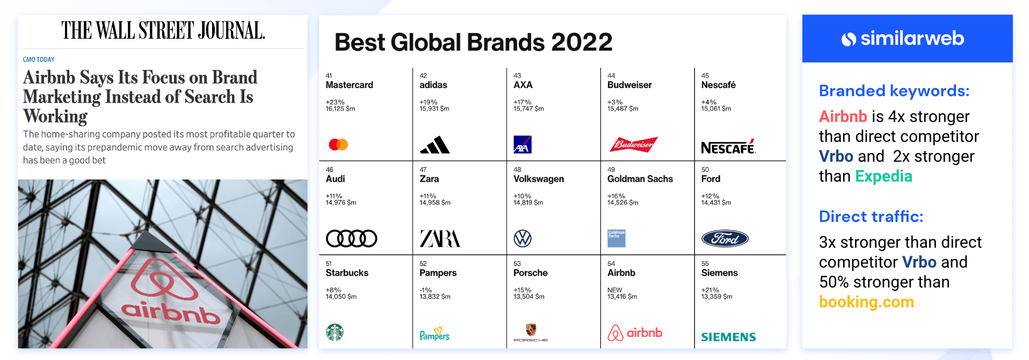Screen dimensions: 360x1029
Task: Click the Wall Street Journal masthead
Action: (163, 31)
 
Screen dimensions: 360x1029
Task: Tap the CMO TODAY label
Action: (39, 60)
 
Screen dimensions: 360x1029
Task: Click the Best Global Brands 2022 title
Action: (473, 42)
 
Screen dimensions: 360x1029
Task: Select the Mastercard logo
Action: (338, 145)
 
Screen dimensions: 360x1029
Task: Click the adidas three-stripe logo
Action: (434, 145)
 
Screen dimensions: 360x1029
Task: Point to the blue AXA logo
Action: (523, 145)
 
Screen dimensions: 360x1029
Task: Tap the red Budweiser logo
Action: (634, 145)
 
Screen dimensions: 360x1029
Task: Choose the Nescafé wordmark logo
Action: (728, 148)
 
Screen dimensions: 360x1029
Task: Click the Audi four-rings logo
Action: (352, 239)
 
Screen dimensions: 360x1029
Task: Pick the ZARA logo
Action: (440, 239)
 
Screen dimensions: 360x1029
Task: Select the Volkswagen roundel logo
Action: (523, 239)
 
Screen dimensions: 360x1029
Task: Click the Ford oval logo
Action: (725, 239)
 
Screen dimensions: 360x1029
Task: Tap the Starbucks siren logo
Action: (335, 333)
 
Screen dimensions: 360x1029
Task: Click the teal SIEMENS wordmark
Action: (728, 337)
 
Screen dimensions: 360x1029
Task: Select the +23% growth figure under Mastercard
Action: (335, 102)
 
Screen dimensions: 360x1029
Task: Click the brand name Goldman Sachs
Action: (640, 179)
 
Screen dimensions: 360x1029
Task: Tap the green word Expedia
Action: (883, 176)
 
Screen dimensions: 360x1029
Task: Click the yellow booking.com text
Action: (866, 302)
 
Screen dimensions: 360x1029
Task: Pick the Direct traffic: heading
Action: (871, 217)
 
